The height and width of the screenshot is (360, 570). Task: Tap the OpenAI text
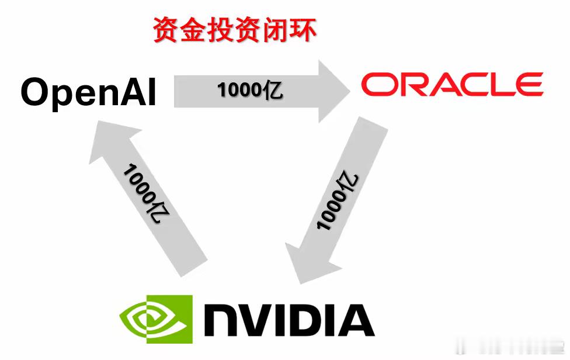point(89,92)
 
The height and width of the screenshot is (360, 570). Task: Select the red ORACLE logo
point(451,85)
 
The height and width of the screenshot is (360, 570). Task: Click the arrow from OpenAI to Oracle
point(257,91)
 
